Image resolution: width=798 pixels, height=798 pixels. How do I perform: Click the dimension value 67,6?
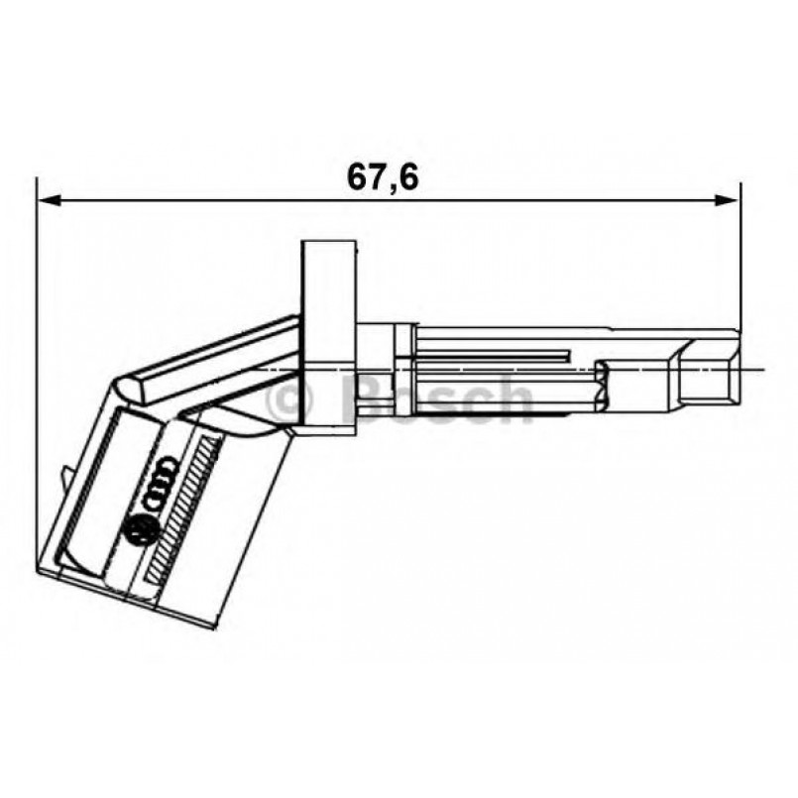pos(383,176)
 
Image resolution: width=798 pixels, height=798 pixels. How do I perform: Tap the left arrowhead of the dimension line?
pos(48,200)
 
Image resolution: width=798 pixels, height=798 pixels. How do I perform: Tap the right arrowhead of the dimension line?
pos(729,200)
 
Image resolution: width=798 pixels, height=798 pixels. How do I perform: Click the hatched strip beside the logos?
pos(184,506)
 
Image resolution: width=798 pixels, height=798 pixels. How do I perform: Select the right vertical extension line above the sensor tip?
pos(741,258)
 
